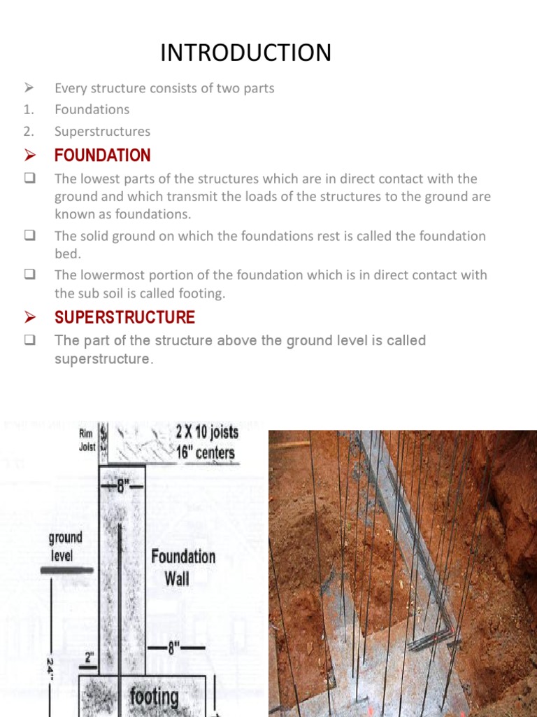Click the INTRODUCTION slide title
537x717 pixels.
(245, 53)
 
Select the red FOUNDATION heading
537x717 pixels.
(102, 155)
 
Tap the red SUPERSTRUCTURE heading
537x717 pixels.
(124, 317)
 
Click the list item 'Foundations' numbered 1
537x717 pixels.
(92, 109)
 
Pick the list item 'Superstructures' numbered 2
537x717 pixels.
(102, 131)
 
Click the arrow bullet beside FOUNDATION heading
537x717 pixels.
(29, 155)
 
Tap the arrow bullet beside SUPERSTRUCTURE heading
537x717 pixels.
(29, 318)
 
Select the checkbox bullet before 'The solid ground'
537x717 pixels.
(29, 236)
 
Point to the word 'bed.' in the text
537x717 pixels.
(68, 253)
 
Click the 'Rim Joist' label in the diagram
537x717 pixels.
(85, 439)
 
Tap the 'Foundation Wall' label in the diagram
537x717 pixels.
(183, 567)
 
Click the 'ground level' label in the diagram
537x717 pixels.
(65, 546)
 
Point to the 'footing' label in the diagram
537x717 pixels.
(153, 697)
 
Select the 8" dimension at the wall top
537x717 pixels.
(122, 486)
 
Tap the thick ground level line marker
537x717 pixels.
(66, 571)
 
